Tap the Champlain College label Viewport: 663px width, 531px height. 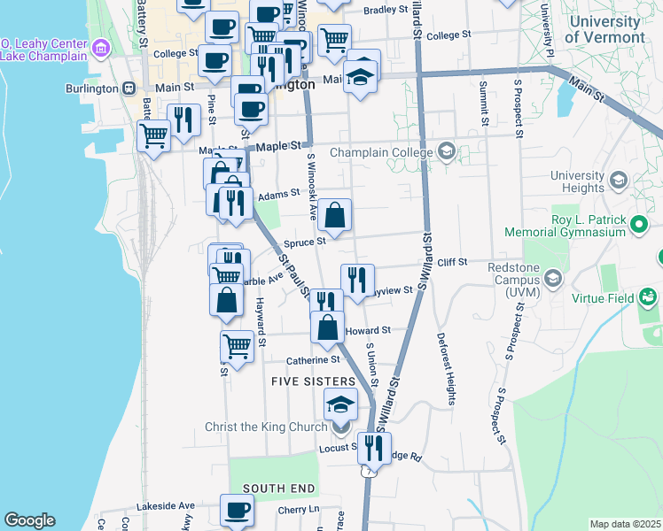(380, 152)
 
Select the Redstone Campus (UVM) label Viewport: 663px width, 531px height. (508, 284)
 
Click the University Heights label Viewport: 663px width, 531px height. (577, 181)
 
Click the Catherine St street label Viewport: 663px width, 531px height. (312, 360)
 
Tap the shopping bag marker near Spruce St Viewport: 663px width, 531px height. (335, 215)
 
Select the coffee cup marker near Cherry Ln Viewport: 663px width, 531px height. (237, 511)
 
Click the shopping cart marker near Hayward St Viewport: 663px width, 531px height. (237, 346)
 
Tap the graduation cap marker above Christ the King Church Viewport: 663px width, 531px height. (340, 405)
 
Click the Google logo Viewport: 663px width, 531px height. (29, 520)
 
